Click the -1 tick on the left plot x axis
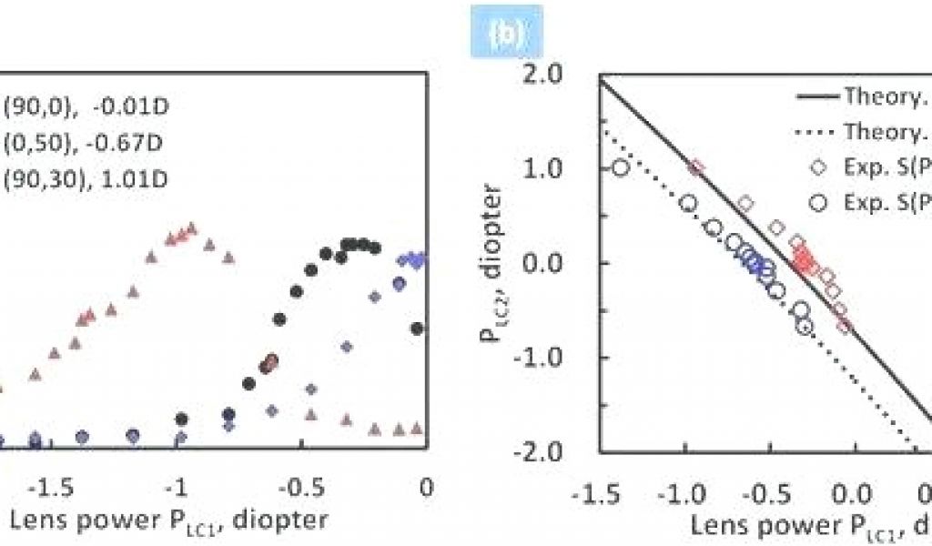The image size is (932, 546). [x=181, y=488]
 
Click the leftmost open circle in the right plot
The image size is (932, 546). [x=621, y=167]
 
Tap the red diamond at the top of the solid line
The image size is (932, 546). [x=697, y=167]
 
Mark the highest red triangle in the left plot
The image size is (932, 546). [x=191, y=227]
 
